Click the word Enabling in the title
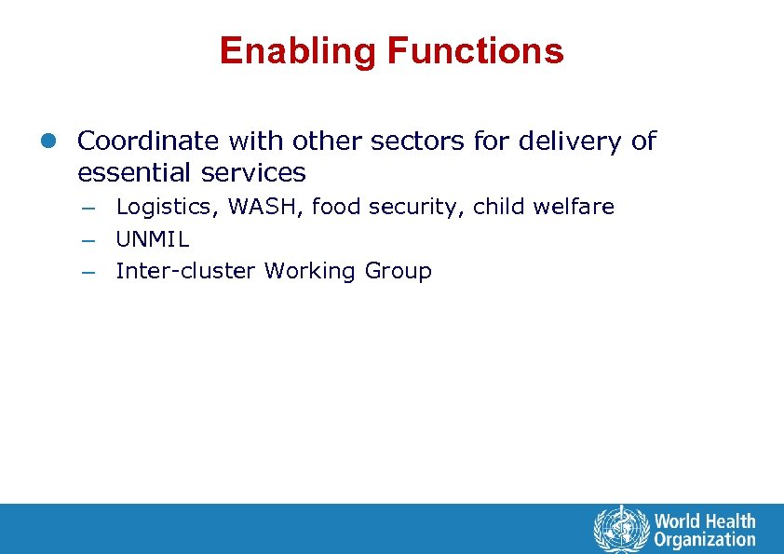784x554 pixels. click(x=299, y=51)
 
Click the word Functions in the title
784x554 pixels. click(x=475, y=51)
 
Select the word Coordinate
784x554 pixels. click(x=148, y=142)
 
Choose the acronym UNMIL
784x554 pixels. click(x=153, y=239)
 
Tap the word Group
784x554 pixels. click(x=399, y=272)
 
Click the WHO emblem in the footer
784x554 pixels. click(x=619, y=530)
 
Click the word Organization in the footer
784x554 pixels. click(x=705, y=540)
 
